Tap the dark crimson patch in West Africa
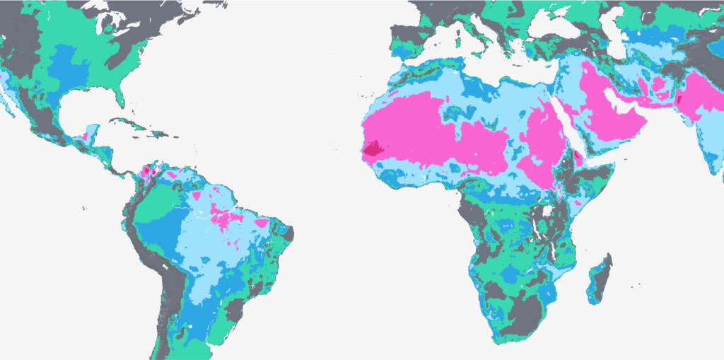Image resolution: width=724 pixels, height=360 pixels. click(x=373, y=149)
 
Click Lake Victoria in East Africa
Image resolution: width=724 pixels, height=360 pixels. click(x=547, y=211)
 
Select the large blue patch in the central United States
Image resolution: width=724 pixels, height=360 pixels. click(x=71, y=67)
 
